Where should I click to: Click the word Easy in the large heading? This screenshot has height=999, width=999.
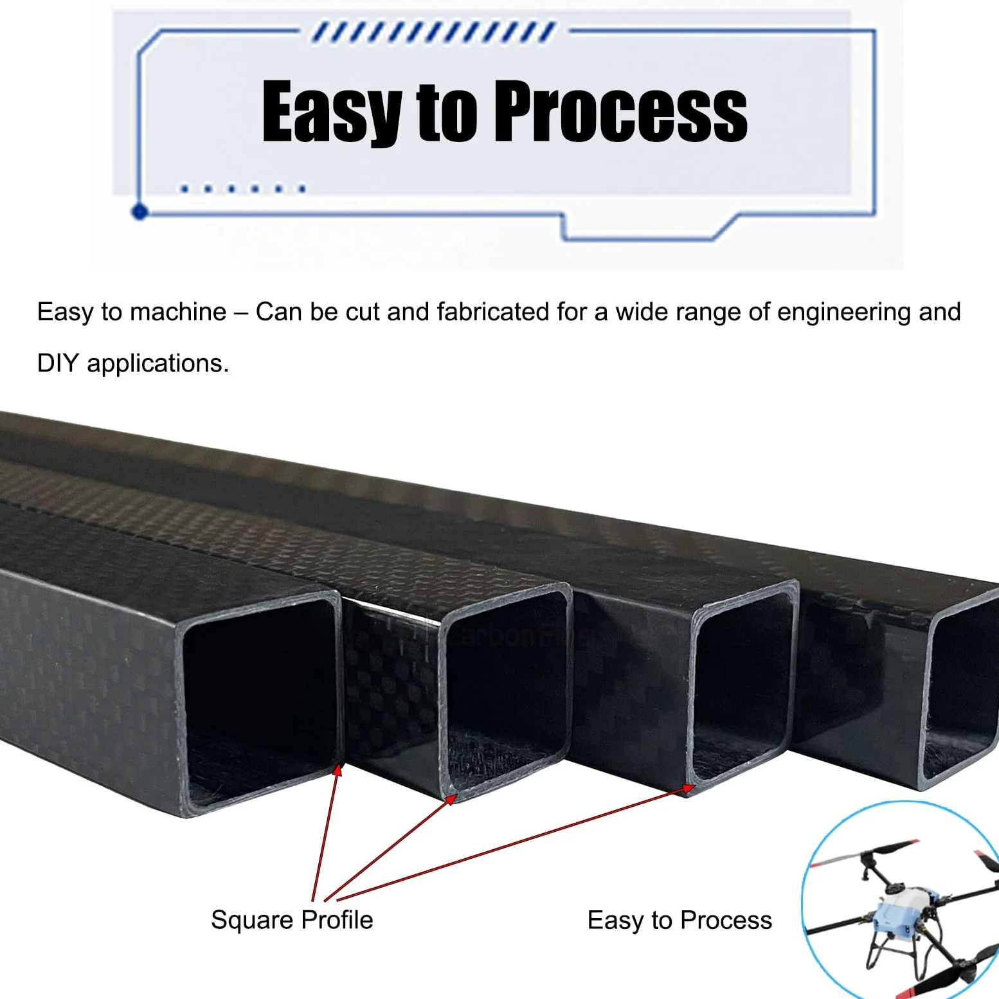coord(332,111)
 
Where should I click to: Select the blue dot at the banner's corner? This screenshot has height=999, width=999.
coord(139,212)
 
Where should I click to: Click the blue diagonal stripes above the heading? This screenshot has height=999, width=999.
coord(433,32)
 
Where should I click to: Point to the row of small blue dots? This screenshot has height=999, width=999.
coord(243,189)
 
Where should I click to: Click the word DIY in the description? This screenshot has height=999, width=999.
coord(58,363)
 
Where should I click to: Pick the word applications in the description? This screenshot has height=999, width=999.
coord(157,364)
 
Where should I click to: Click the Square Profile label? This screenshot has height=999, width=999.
coord(292,920)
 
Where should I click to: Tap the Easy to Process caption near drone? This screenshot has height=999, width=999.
coord(679,921)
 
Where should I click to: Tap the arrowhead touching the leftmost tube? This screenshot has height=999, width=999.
coord(337,770)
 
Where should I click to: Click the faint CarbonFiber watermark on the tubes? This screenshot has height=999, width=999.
coord(514,636)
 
